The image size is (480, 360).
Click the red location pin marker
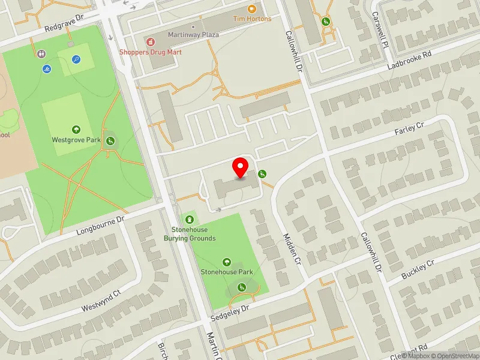(x=241, y=167)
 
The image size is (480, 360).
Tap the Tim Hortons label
(x=252, y=19)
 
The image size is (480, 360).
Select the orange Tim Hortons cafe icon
(x=252, y=8)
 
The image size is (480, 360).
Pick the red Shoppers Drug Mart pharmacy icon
(x=150, y=41)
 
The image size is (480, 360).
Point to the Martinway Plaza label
(x=193, y=35)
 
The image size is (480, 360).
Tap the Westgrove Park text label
(x=76, y=140)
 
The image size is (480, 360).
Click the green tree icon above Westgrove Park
(x=76, y=129)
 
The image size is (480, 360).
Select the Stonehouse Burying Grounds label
(x=190, y=234)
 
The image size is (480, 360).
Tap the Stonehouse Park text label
(x=227, y=272)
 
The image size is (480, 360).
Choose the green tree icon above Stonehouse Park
(x=227, y=262)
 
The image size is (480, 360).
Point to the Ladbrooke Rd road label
(x=409, y=62)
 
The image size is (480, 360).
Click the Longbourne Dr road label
(x=100, y=226)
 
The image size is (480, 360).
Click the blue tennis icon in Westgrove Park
(x=76, y=59)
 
